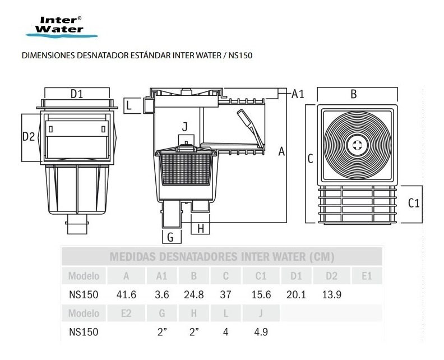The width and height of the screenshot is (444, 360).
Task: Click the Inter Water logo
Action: point(62,27)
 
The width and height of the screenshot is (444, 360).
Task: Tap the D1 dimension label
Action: point(77,94)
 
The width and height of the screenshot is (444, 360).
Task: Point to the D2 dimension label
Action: point(29,136)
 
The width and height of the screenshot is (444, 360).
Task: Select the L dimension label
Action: point(129,105)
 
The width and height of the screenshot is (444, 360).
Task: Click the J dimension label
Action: point(185,127)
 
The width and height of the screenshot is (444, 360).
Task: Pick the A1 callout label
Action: point(298,94)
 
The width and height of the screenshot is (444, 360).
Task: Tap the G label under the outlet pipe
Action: point(170,237)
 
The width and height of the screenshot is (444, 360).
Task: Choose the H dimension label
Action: point(201,228)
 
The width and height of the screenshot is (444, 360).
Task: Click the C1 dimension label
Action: point(414,203)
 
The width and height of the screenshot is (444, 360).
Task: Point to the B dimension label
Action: point(354,94)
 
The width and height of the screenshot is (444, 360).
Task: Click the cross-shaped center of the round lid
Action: point(357,145)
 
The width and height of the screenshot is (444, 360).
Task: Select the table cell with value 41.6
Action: point(126,295)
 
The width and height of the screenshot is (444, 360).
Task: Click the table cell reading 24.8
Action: point(193,295)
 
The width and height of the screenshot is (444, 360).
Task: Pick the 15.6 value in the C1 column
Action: point(261,295)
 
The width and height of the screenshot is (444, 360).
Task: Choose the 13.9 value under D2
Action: point(331,295)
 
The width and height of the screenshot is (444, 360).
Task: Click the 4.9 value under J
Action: point(261,332)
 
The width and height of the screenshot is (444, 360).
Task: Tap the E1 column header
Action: point(367,276)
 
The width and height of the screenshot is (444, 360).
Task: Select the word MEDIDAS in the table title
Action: point(132,257)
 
